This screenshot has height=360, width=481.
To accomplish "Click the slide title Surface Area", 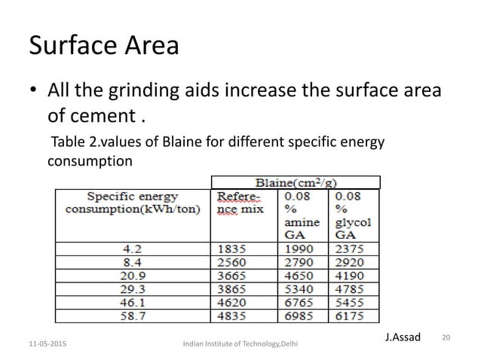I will [103, 46].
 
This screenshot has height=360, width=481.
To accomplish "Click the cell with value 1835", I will [232, 247].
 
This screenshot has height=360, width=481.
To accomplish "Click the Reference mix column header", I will [240, 203].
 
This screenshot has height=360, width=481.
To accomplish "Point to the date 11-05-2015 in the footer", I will [44, 343].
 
